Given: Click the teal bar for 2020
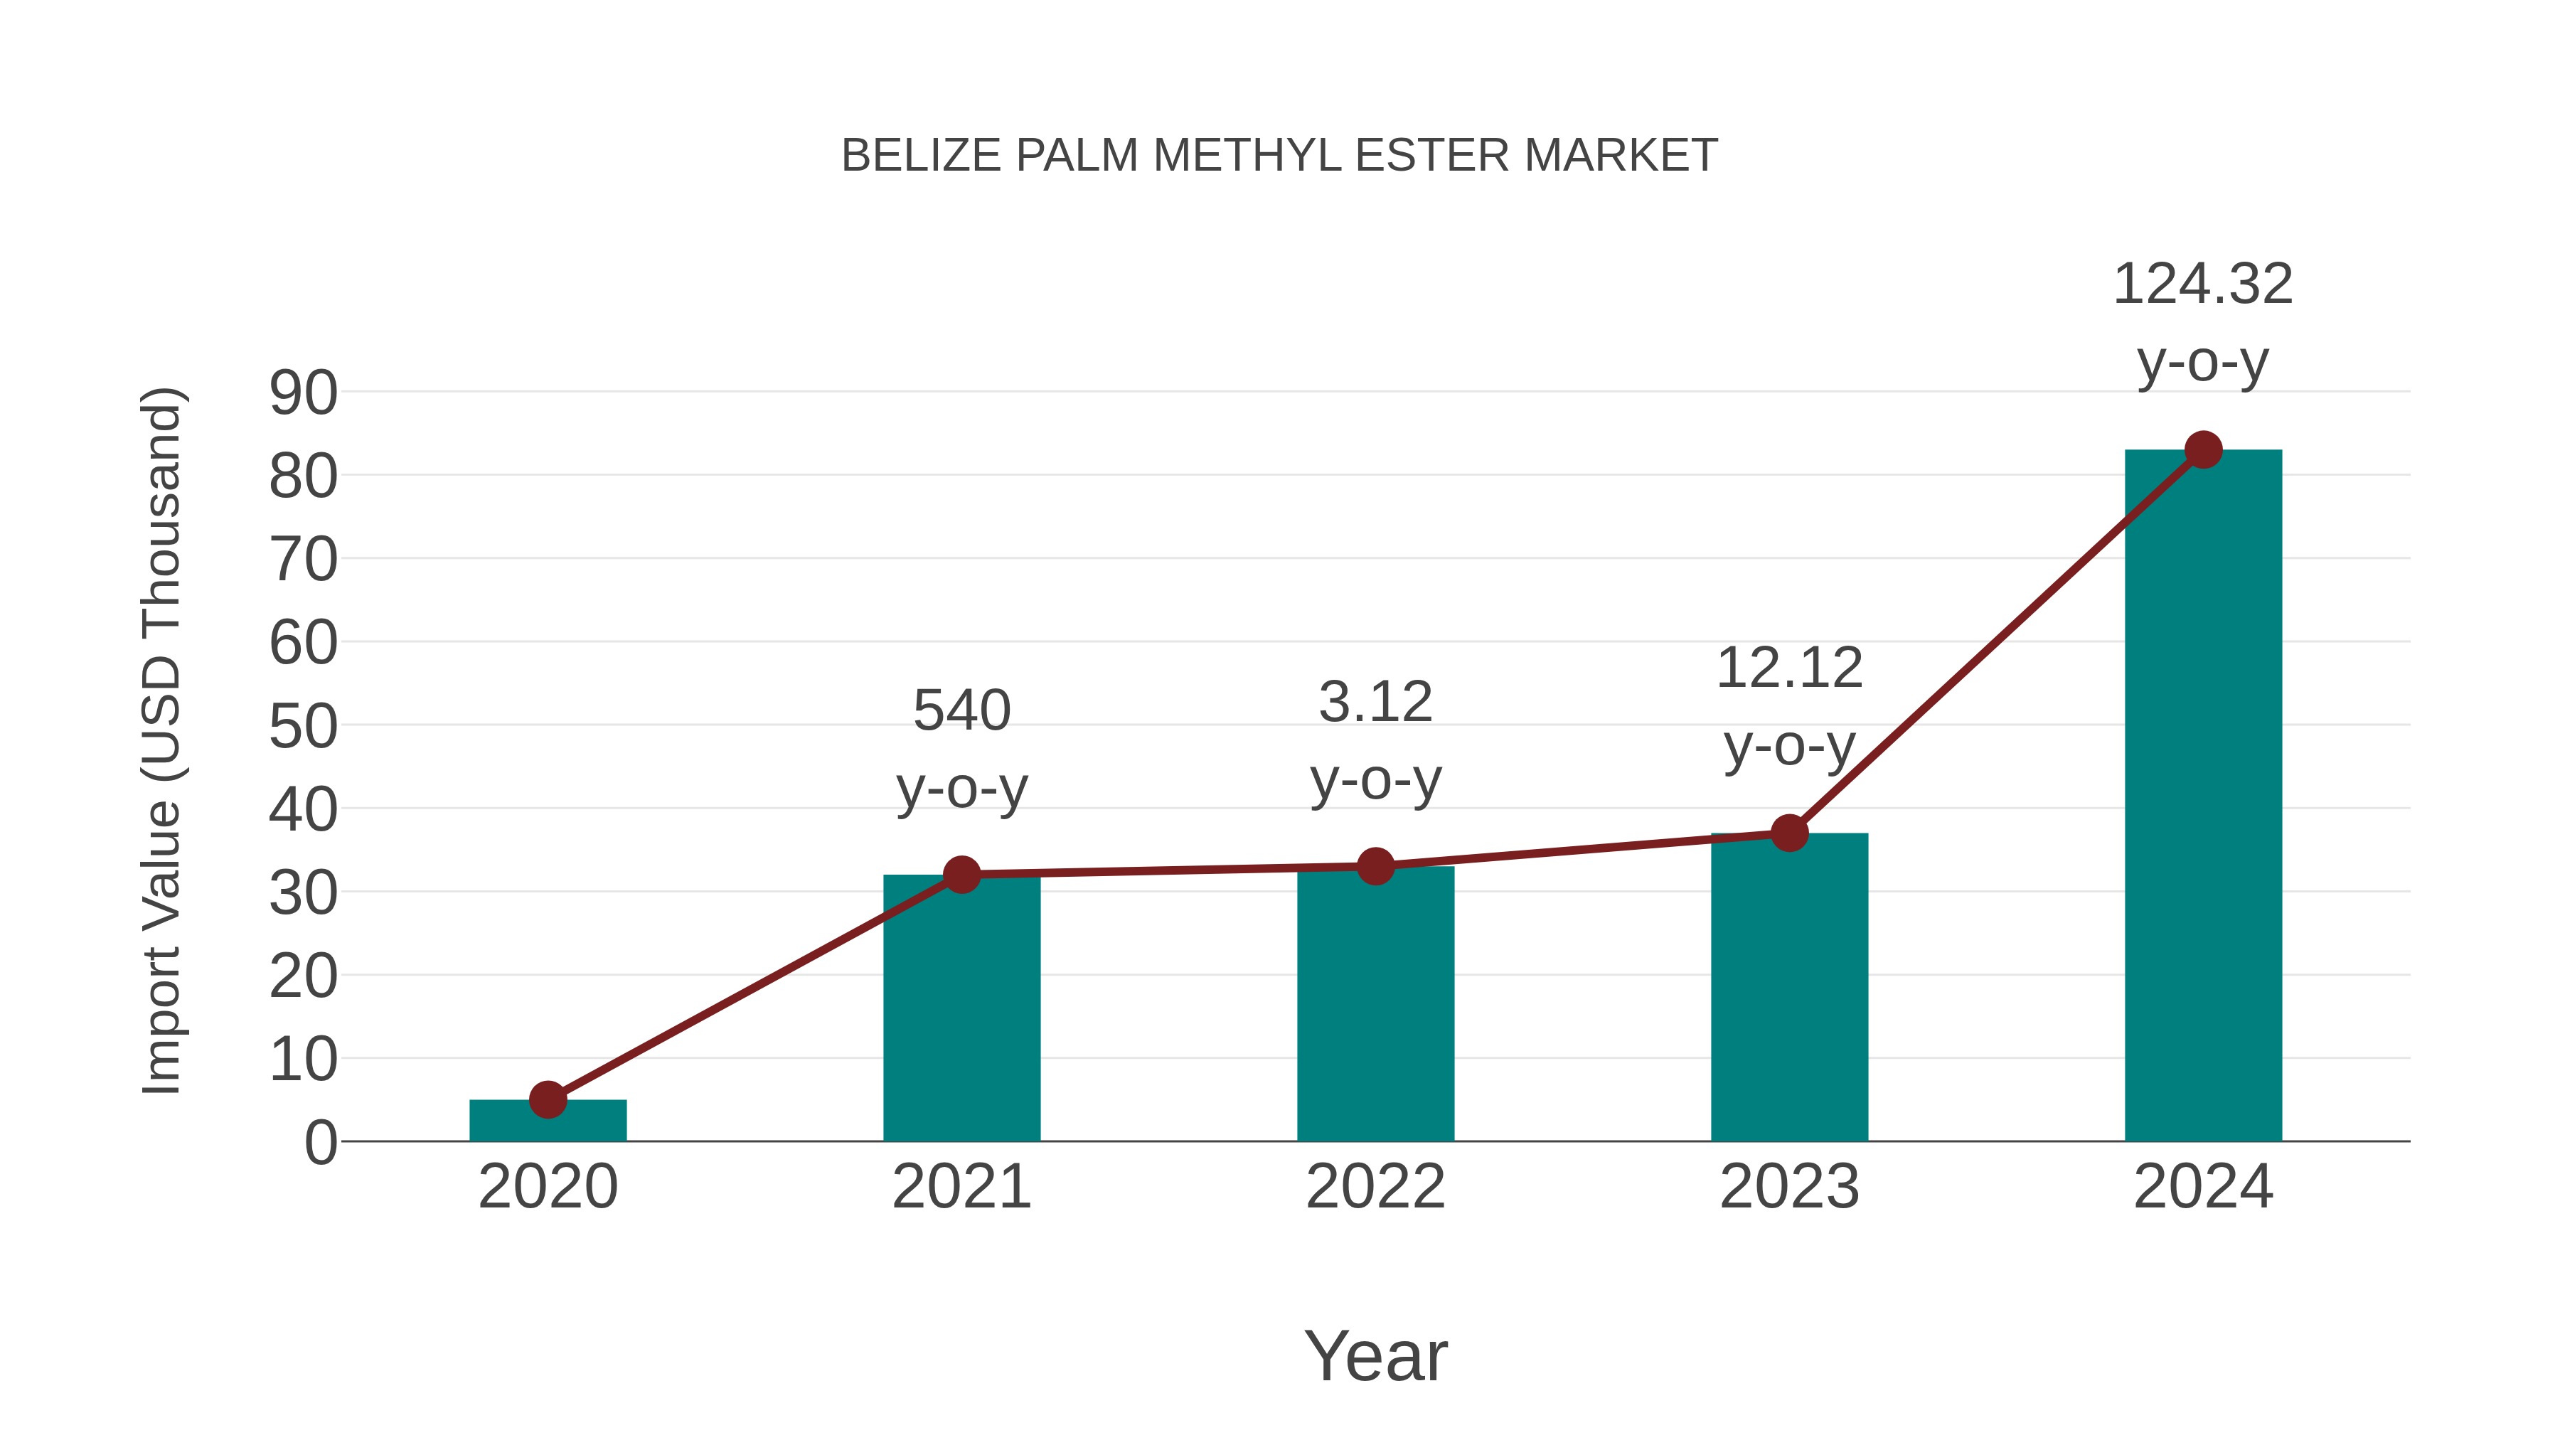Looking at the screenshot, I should tap(548, 1123).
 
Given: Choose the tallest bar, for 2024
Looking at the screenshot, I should tap(2203, 795).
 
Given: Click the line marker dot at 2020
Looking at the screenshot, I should tap(548, 1099).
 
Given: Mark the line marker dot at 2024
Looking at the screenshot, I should tap(2203, 449).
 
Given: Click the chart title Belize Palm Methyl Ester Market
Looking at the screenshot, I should tap(1279, 156).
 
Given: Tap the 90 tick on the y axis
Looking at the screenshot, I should tap(303, 393).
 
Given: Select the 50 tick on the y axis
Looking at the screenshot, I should tap(303, 727).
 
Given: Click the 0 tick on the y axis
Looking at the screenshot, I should tap(320, 1143).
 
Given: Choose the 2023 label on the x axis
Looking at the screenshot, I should tap(1789, 1187).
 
